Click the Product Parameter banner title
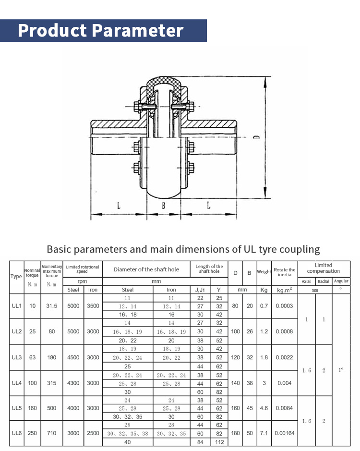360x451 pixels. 101,30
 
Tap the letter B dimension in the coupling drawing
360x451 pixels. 164,206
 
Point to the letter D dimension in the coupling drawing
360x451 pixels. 256,137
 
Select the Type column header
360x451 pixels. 16,276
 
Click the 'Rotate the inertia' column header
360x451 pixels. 284,272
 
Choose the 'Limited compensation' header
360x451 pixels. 323,268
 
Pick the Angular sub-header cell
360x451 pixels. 341,281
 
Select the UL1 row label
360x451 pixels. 16,306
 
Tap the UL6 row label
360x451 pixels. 16,433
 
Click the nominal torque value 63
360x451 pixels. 32,357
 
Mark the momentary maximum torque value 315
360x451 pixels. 52,383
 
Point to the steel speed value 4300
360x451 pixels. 73,383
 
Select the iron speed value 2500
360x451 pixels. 93,433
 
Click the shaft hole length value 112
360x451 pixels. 219,442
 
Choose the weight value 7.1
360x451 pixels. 264,433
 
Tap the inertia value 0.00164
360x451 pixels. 284,433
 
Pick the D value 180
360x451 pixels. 235,433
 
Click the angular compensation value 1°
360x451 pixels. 341,370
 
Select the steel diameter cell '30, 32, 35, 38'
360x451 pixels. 128,433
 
